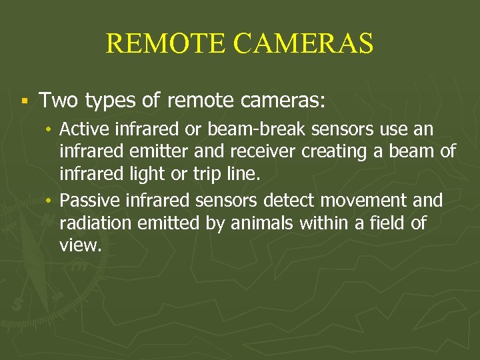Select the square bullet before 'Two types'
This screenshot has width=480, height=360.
23,101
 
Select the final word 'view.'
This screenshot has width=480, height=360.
81,245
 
